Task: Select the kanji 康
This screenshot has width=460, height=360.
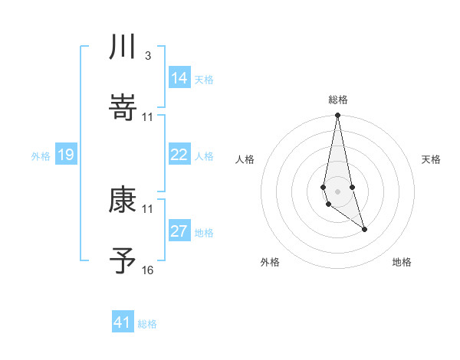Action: tap(123, 201)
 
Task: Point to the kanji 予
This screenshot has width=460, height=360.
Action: tap(123, 262)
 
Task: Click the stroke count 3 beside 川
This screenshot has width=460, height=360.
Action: tap(147, 56)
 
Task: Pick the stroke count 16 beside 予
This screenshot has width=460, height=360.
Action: tap(147, 270)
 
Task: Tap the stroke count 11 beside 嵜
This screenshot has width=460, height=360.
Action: tap(147, 117)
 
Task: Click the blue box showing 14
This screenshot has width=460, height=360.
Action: tap(179, 78)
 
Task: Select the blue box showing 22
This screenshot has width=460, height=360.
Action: tap(179, 155)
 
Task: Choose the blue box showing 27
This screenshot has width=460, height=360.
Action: tap(179, 231)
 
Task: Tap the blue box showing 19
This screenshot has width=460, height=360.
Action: tap(66, 155)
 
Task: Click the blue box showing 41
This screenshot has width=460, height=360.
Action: tap(123, 322)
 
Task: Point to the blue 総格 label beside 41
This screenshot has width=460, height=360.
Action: tap(147, 324)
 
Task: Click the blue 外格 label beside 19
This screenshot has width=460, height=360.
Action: tap(41, 156)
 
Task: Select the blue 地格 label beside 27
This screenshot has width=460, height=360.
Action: tap(204, 233)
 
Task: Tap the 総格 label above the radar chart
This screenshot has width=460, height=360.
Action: tap(338, 100)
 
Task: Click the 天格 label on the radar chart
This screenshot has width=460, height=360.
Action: tap(432, 159)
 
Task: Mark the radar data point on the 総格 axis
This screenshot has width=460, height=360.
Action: tap(337, 116)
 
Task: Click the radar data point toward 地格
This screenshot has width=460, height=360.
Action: tap(364, 229)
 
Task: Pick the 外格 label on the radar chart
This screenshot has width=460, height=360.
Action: tap(270, 263)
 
